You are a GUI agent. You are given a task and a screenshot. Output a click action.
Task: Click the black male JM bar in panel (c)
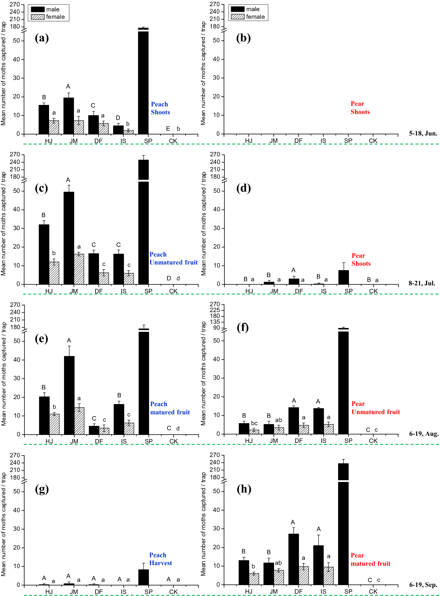(69, 238)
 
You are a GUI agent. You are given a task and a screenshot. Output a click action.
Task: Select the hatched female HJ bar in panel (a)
(54, 127)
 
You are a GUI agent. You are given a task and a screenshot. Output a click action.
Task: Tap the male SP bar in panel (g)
(144, 577)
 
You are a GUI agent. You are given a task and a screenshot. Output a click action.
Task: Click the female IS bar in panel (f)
(329, 429)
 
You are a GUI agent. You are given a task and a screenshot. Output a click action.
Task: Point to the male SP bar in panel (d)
(343, 277)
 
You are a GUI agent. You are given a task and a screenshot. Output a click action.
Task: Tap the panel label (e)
(41, 339)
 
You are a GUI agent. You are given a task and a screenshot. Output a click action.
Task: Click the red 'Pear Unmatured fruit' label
(375, 408)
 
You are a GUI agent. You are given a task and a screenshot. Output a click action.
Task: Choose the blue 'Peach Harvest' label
(160, 559)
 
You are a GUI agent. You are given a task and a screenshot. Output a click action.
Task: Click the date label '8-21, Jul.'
(421, 283)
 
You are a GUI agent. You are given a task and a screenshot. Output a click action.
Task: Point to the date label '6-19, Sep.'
(423, 585)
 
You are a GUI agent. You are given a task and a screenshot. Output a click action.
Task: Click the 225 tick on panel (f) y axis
(215, 310)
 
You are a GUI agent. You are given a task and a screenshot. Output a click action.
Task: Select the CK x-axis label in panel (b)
(373, 141)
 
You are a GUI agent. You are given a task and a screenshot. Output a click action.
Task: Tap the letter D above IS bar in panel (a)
(118, 118)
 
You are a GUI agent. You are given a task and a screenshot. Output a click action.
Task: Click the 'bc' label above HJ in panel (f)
(254, 423)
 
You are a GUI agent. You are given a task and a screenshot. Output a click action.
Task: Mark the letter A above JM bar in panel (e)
(69, 340)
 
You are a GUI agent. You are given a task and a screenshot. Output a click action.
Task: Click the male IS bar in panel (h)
(318, 565)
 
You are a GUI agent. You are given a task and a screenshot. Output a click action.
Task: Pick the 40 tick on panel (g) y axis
(16, 510)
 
